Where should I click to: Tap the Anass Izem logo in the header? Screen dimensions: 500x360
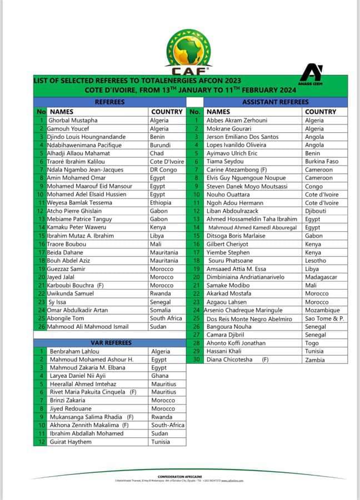click(310, 75)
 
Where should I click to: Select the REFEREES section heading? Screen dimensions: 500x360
click(109, 102)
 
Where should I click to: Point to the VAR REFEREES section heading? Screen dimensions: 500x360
click(109, 343)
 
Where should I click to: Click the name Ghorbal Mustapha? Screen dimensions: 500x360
click(73, 120)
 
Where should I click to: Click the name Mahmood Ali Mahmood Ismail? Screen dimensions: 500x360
click(87, 327)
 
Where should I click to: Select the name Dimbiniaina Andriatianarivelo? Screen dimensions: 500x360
click(245, 277)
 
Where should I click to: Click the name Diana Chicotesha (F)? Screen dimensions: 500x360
click(237, 359)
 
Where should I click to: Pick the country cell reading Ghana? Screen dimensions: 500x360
click(160, 376)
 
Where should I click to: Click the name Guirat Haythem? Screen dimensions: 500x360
click(71, 442)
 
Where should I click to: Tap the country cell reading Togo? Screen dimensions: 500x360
click(312, 343)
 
